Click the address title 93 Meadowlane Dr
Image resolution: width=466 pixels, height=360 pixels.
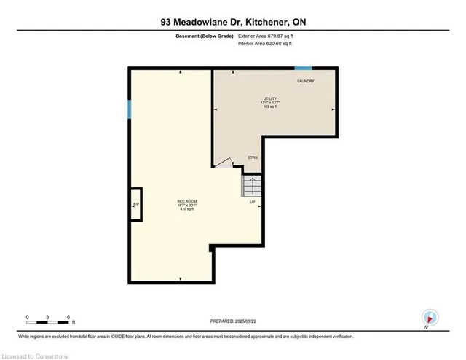point(233,22)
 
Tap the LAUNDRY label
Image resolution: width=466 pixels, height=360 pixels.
point(306,81)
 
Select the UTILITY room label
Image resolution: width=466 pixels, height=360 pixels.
point(271,98)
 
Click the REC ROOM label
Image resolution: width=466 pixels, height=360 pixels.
point(187,201)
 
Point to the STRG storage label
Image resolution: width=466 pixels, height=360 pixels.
point(253,157)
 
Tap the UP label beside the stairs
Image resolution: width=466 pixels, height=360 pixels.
point(253,202)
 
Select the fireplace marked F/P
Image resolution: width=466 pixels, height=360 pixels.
point(135,205)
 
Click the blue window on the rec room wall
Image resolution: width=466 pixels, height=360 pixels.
point(130,109)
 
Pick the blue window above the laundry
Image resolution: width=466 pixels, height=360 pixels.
point(304,68)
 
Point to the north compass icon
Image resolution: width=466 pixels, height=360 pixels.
point(430,317)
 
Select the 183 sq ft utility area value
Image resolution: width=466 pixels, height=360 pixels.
point(271,106)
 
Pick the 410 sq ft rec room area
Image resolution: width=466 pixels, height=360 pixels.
point(187,210)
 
